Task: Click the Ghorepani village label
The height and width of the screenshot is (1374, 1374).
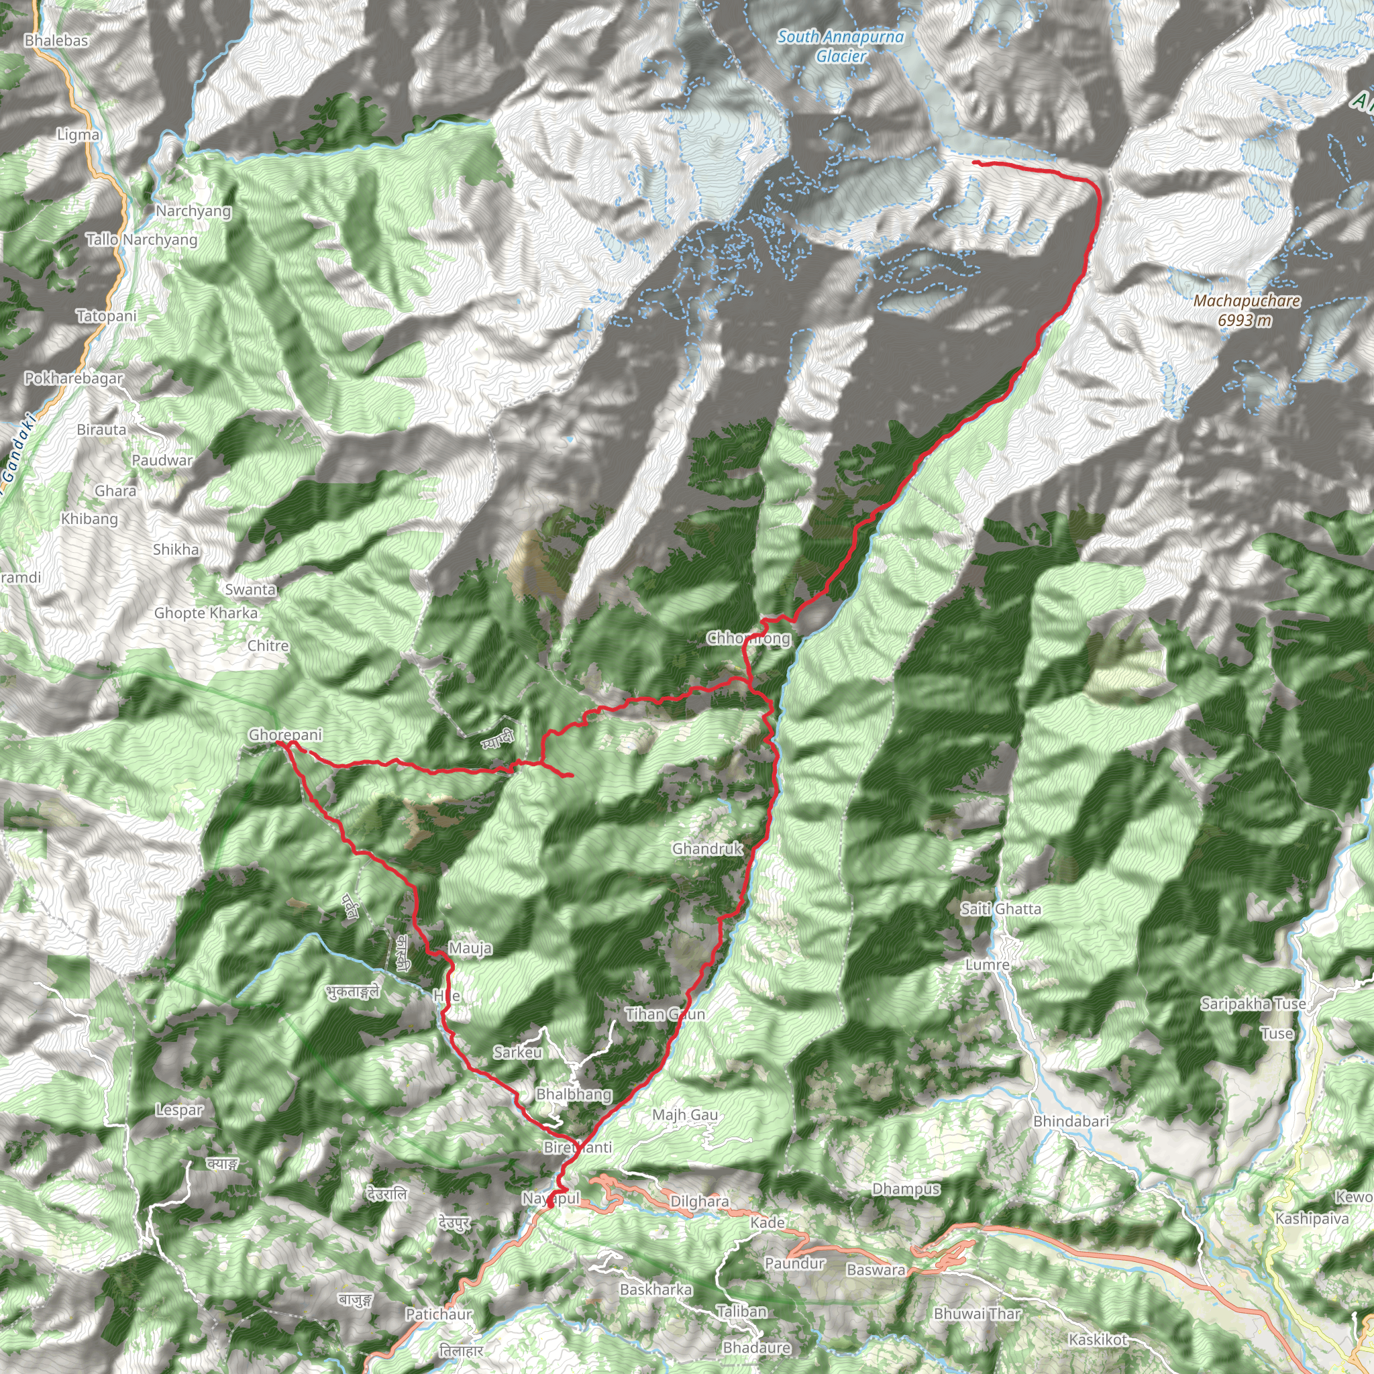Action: tap(284, 735)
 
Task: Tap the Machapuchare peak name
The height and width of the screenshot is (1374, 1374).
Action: tap(1246, 301)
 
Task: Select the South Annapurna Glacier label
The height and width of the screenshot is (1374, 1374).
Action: tap(840, 46)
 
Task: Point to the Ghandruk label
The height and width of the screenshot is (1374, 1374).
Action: tap(708, 849)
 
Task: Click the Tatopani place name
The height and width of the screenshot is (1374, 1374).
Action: tap(107, 316)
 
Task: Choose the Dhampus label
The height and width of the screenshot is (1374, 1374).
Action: tap(906, 1189)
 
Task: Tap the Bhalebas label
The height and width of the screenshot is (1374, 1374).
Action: tap(56, 40)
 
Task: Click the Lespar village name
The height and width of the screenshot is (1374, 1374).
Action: tap(179, 1110)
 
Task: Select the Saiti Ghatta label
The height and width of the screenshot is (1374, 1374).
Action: tap(1000, 909)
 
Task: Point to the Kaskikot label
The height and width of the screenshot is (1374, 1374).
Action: tap(1098, 1340)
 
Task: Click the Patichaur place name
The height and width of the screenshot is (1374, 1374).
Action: tap(439, 1314)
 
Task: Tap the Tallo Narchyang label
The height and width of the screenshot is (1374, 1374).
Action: tap(142, 240)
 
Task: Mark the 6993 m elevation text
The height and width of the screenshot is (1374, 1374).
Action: tap(1245, 321)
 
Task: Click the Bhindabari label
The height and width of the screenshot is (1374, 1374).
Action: tap(1071, 1122)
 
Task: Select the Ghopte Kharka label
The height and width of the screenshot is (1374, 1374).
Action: tap(206, 613)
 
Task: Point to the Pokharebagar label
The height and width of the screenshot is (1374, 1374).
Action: tap(74, 378)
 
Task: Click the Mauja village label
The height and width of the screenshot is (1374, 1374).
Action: tap(470, 949)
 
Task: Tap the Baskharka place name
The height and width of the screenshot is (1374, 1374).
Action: tap(655, 1289)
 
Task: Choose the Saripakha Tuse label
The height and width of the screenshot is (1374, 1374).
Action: tap(1253, 1004)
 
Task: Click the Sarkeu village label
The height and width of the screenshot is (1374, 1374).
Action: tap(518, 1053)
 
